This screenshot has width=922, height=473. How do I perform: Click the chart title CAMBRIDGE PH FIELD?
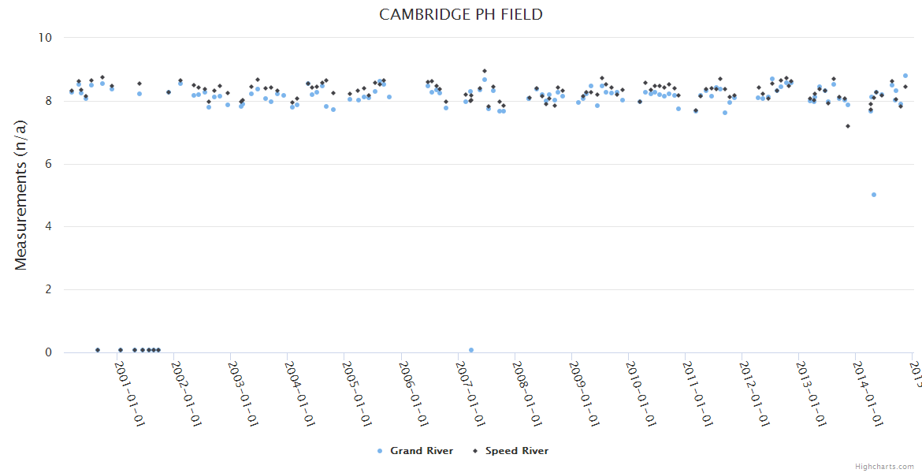460,15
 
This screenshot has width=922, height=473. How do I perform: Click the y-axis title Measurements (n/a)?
21,196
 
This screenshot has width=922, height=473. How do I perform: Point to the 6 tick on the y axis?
48,164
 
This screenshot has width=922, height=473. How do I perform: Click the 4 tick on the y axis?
48,227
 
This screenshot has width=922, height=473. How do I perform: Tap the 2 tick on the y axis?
48,290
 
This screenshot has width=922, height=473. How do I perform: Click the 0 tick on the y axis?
48,353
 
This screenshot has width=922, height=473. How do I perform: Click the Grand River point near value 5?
874,195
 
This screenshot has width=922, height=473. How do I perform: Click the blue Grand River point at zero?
471,350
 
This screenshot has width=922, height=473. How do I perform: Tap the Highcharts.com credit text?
884,467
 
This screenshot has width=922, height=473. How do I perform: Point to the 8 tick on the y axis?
48,101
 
